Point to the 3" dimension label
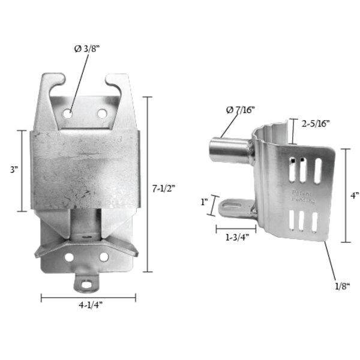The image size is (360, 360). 13,170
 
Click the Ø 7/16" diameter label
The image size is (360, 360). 239,110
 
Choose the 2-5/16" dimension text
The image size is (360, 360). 316,123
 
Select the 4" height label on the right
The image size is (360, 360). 355,195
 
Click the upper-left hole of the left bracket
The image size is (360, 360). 69,112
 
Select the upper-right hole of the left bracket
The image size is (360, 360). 102,112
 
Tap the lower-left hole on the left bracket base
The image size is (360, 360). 70,257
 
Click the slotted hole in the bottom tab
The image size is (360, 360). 87,282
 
